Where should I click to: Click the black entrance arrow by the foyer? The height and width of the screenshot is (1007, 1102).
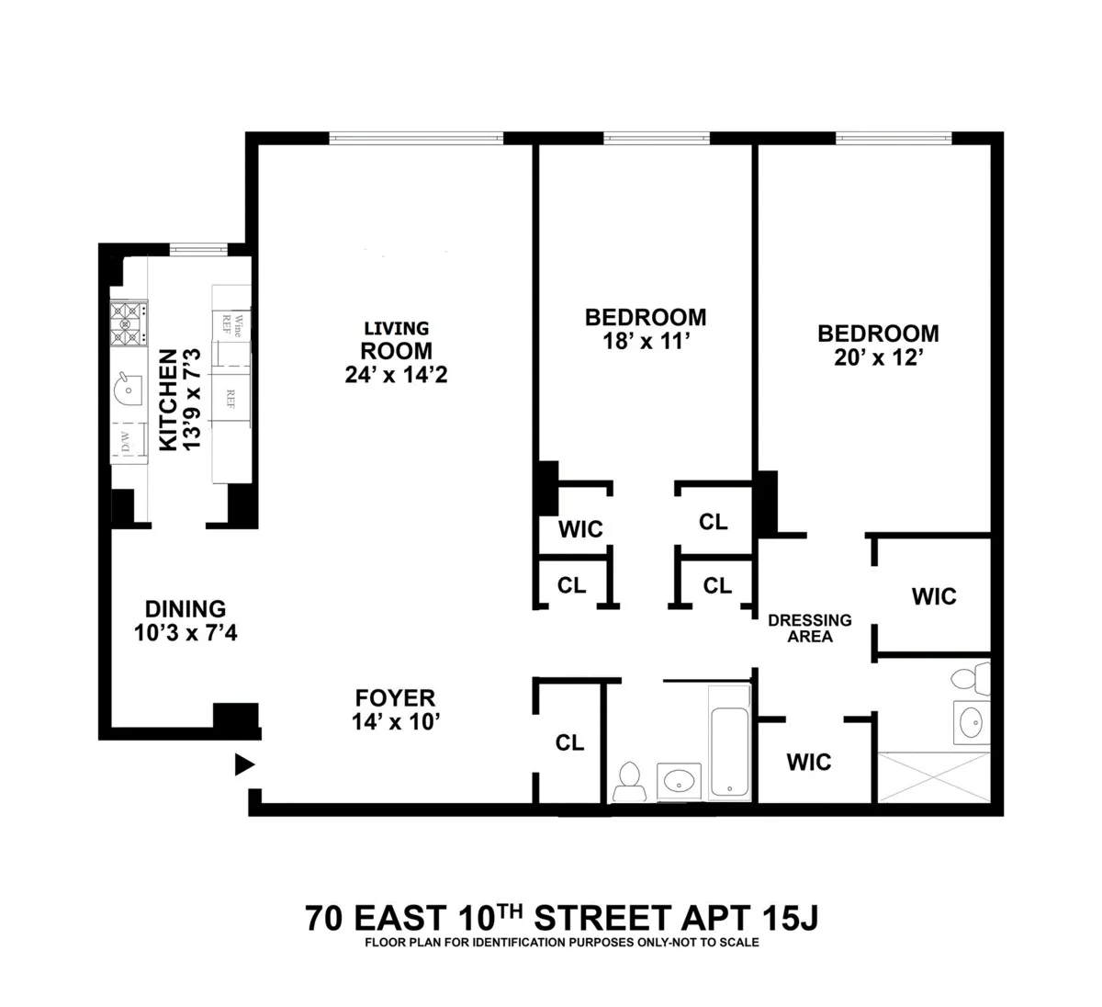(x=244, y=764)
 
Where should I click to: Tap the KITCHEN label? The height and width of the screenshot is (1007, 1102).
(x=167, y=400)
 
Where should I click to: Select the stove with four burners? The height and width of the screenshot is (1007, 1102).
(x=129, y=323)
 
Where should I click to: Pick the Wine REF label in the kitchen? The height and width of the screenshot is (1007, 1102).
(x=230, y=324)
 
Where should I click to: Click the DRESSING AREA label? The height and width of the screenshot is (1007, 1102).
(x=810, y=628)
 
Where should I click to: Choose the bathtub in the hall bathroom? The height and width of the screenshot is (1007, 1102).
(x=730, y=751)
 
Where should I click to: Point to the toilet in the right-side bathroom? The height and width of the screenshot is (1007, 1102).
(x=966, y=680)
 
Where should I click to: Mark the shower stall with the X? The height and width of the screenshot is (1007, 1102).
(x=935, y=777)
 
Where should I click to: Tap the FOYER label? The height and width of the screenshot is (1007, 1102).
(x=396, y=697)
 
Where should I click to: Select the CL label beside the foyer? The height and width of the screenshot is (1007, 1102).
(x=570, y=742)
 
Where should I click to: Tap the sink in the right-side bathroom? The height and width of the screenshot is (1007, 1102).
(x=969, y=723)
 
